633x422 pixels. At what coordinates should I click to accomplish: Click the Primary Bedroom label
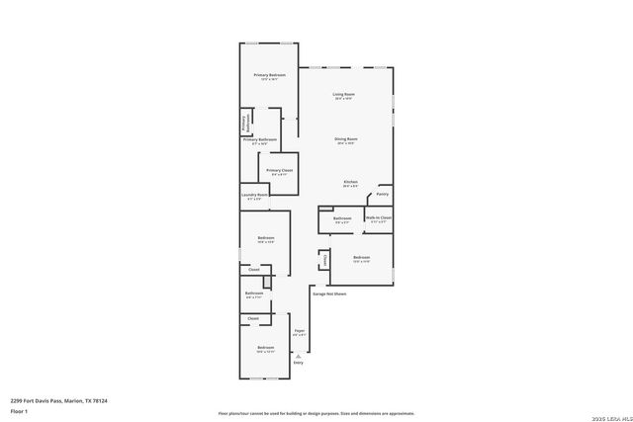click(269, 75)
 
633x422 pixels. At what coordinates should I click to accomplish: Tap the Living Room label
click(344, 94)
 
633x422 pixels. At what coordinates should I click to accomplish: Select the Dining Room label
click(345, 139)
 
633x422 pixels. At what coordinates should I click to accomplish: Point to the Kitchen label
click(350, 182)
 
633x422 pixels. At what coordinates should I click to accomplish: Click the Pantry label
click(382, 194)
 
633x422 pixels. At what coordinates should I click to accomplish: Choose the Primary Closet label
click(280, 170)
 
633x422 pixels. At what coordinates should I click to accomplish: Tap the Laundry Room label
click(255, 196)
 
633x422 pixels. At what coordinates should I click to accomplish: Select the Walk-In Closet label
click(379, 217)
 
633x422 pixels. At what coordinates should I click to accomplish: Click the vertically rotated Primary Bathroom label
click(244, 122)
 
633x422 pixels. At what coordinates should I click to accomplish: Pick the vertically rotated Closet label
click(324, 261)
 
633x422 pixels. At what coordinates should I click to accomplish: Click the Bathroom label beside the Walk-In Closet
click(342, 218)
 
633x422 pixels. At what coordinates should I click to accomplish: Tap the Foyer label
click(299, 331)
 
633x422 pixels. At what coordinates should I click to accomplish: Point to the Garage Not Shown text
click(329, 294)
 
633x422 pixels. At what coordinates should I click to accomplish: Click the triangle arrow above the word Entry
click(299, 355)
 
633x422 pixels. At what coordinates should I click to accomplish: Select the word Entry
click(299, 363)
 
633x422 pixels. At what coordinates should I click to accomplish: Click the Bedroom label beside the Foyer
click(266, 348)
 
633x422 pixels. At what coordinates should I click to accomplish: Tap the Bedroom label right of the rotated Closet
click(362, 259)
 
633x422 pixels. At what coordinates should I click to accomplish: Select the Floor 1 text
click(19, 410)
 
